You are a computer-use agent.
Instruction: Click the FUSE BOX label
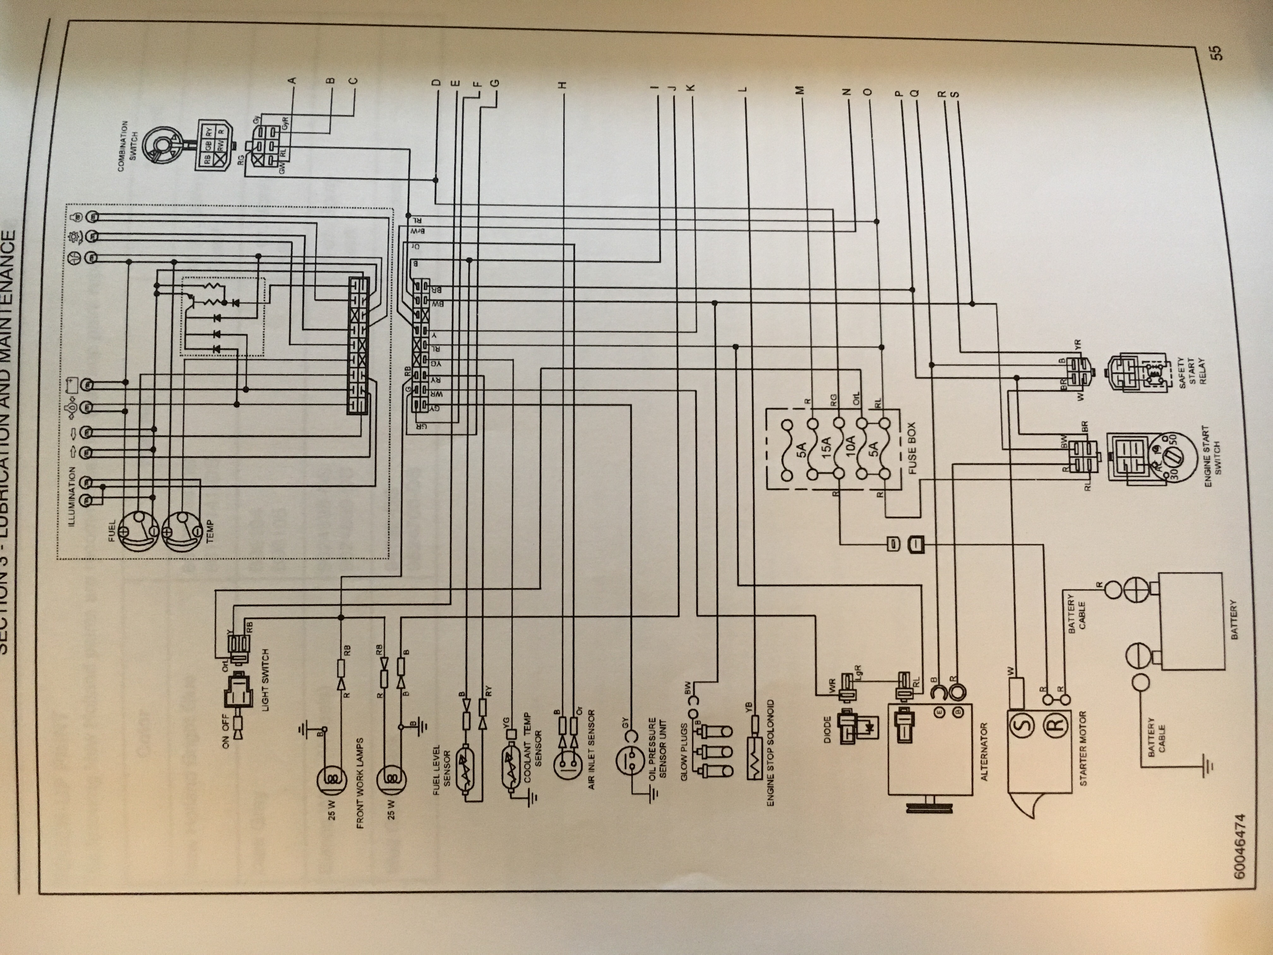coord(911,449)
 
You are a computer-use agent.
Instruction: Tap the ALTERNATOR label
coord(983,751)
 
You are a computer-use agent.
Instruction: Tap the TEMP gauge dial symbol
coord(181,531)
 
